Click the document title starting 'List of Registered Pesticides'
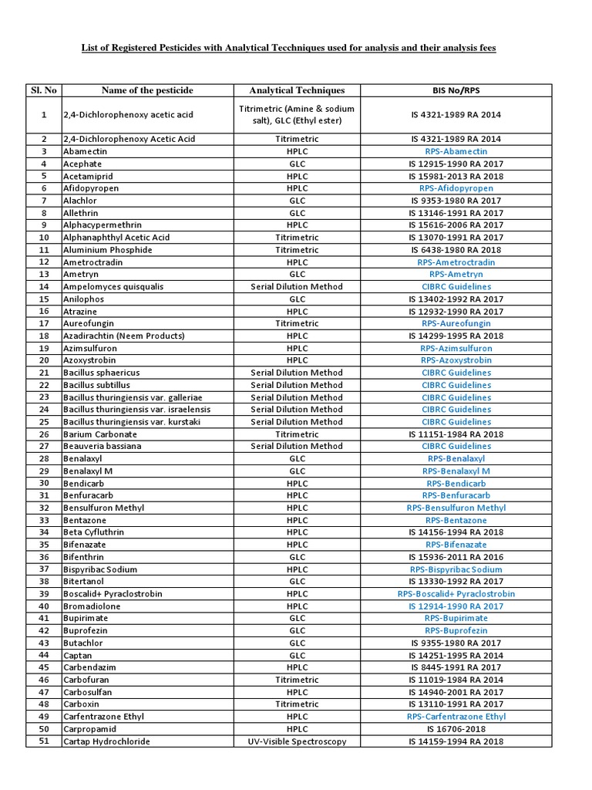click(289, 48)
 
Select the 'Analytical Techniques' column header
click(297, 90)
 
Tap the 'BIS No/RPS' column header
click(456, 90)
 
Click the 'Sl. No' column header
click(44, 90)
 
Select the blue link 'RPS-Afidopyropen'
click(456, 188)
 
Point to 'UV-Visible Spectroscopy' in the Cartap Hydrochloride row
click(297, 741)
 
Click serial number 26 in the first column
click(44, 434)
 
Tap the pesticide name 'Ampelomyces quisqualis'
click(114, 286)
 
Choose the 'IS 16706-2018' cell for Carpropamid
click(456, 729)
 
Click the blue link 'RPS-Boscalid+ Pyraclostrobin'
click(456, 594)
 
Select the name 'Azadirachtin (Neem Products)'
click(125, 336)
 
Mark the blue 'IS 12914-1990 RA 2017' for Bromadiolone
click(456, 606)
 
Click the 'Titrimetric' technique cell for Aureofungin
click(297, 323)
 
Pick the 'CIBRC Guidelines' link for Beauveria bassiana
click(456, 446)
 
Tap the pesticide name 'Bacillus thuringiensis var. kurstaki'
click(137, 422)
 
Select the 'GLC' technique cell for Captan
click(297, 655)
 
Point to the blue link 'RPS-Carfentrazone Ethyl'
click(456, 717)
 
